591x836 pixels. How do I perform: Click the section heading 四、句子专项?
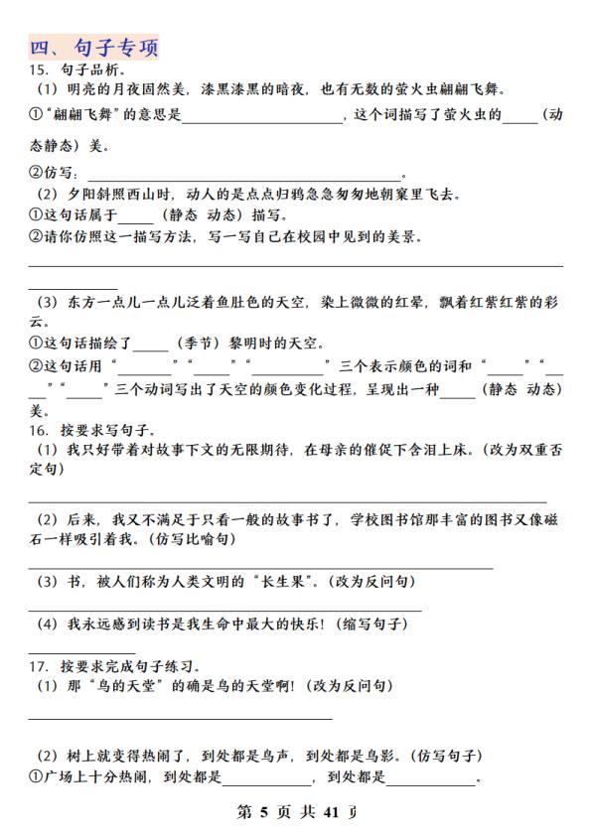tap(93, 48)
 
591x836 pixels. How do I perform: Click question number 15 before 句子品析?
tap(38, 70)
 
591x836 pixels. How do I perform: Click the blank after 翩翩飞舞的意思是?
tap(261, 118)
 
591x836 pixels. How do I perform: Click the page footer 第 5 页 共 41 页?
tap(295, 812)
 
